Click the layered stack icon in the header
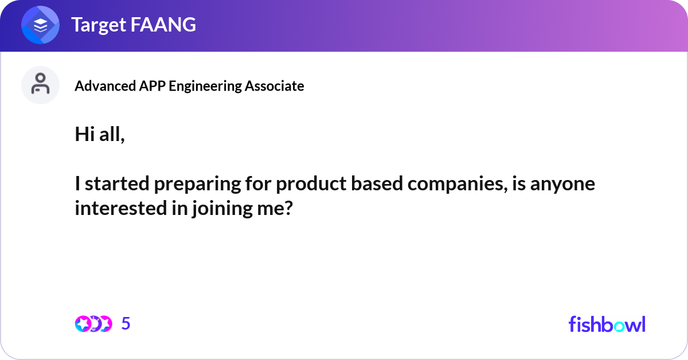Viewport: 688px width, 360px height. click(41, 25)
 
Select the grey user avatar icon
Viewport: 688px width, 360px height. click(40, 85)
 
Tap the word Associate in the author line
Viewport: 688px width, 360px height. click(275, 86)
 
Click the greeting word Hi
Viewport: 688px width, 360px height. click(84, 135)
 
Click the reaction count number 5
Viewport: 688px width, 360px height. click(126, 324)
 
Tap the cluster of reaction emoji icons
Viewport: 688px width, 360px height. click(93, 324)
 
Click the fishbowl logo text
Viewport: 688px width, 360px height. click(607, 324)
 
